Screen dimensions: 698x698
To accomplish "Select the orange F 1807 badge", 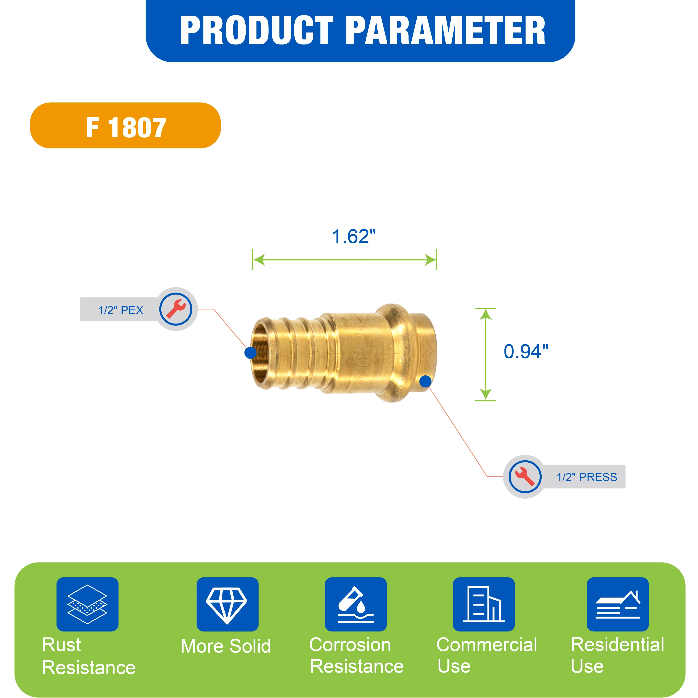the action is (x=125, y=125).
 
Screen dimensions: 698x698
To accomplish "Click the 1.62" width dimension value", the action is (x=354, y=237).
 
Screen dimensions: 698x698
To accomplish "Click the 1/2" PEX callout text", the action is (x=121, y=310).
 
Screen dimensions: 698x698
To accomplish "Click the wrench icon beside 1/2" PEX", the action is (x=176, y=309).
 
